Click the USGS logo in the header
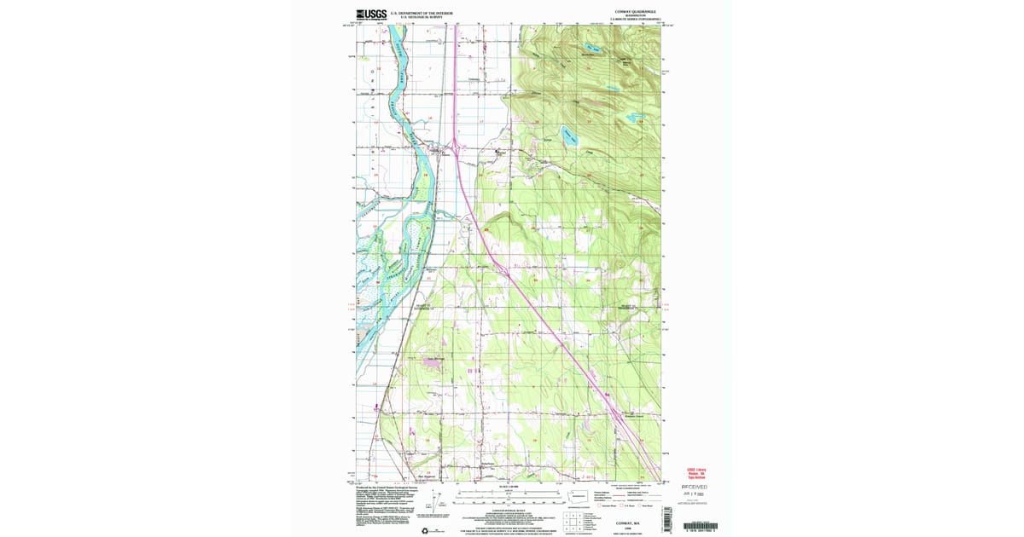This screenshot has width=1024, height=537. coord(371,14)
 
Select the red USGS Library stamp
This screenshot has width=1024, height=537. coord(696,473)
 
